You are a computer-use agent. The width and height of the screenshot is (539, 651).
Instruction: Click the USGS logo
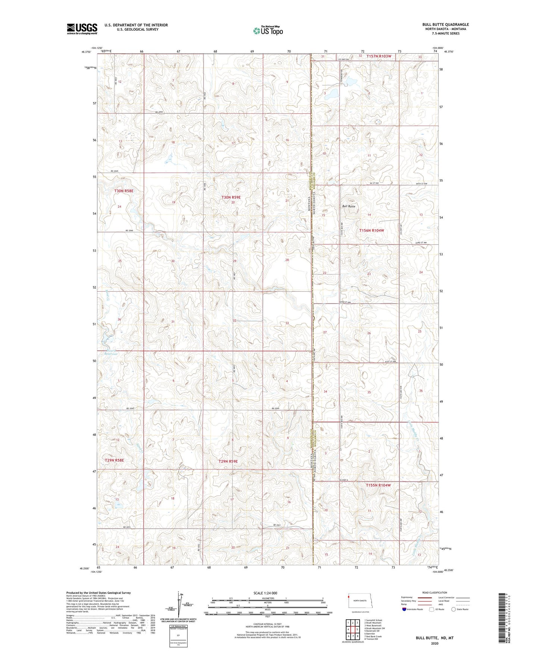point(82,29)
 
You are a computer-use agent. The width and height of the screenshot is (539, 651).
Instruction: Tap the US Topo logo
point(267,31)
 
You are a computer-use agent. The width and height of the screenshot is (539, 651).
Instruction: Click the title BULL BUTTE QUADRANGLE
point(445,25)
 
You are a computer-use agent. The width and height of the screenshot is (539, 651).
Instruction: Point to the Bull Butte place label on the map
point(349,206)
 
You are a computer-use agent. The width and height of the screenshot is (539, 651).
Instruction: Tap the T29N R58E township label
point(114,460)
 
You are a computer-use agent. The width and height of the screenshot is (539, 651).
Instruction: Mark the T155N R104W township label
point(378,485)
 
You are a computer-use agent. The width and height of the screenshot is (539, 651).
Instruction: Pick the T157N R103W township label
point(379,56)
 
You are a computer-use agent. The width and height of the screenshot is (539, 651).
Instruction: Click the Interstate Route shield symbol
point(404,609)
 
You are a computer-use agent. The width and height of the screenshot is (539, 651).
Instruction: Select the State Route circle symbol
point(453,609)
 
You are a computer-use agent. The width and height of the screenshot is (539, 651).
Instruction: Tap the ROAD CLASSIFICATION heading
point(435,592)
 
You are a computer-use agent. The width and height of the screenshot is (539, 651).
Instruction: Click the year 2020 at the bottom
point(435,643)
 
